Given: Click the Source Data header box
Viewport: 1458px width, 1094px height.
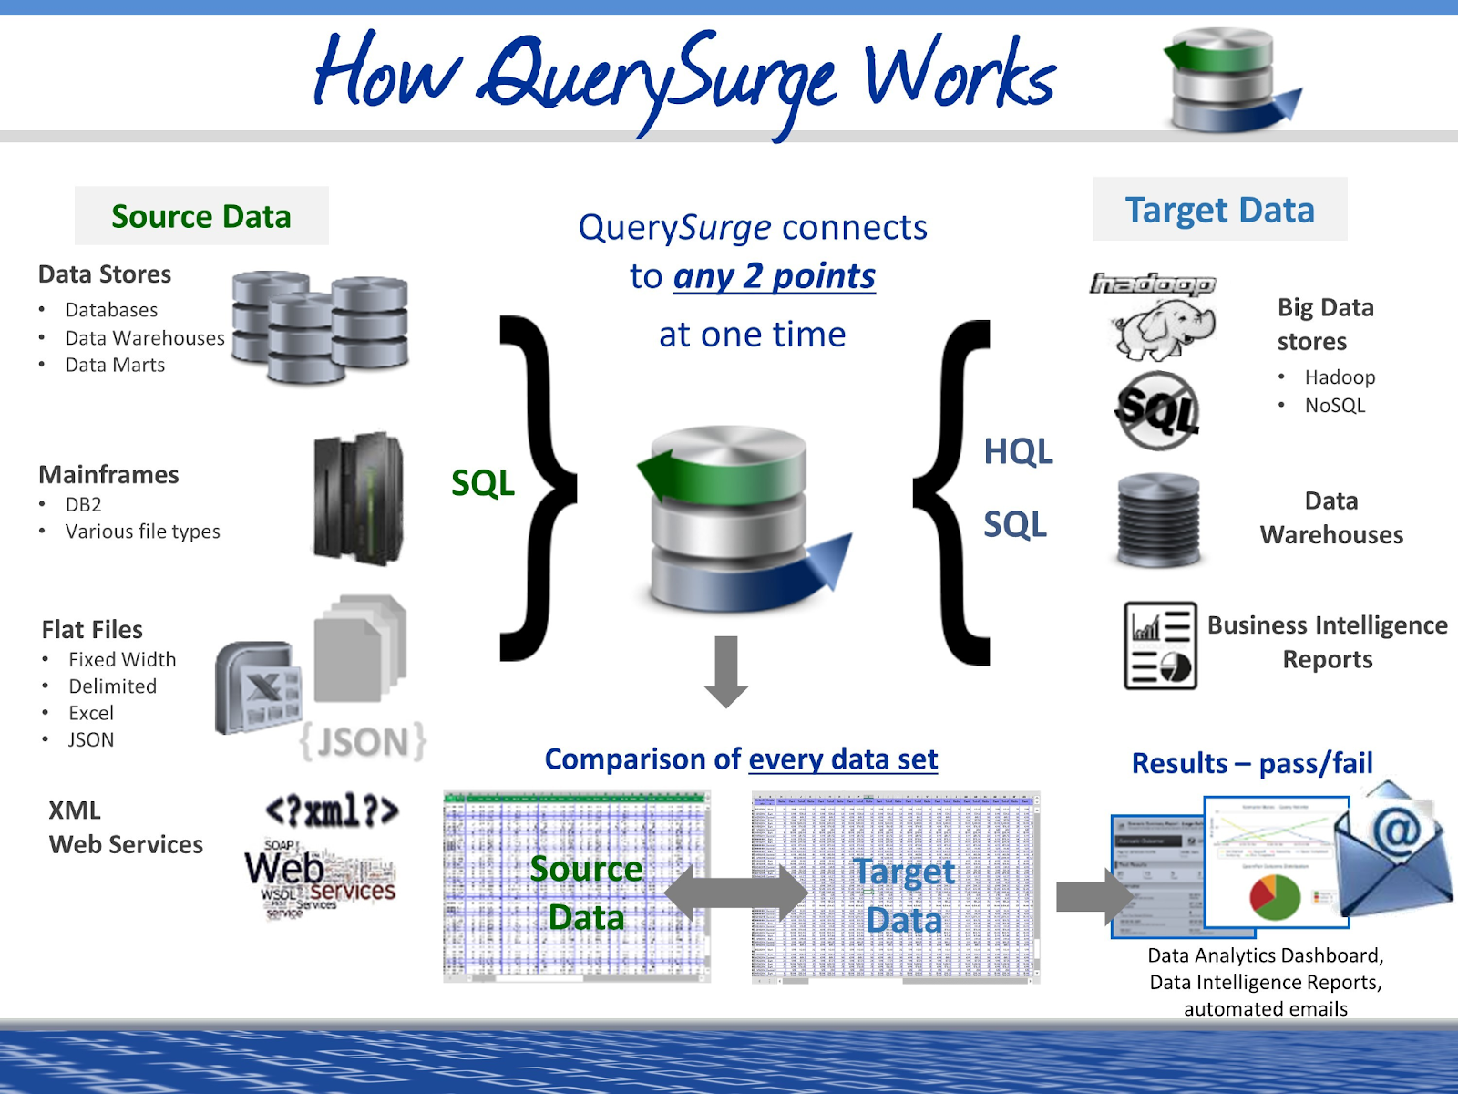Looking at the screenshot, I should tap(201, 216).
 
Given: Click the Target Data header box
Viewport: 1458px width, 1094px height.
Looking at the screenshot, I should tap(1219, 210).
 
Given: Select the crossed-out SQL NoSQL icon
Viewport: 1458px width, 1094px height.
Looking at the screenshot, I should tap(1157, 410).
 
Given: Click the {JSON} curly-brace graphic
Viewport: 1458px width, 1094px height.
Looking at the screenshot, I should tap(364, 742).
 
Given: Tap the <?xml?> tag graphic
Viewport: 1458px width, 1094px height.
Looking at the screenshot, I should tap(332, 810).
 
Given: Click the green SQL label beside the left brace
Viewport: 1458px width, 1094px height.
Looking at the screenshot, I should tap(483, 483).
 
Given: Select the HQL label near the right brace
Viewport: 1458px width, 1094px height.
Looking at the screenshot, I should tap(1018, 451).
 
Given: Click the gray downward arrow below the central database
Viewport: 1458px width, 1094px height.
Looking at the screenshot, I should tap(726, 672).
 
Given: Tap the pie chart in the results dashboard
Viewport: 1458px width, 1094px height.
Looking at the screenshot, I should tap(1275, 897).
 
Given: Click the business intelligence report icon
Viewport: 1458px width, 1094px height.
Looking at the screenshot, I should tap(1160, 645).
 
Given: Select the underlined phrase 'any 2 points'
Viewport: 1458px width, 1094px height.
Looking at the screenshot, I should tap(775, 276).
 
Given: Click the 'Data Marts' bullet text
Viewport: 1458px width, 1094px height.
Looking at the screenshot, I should tap(115, 365).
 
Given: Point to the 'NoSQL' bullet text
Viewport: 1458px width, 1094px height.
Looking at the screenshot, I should tap(1335, 405).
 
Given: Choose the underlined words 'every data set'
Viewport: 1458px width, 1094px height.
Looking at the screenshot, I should tap(843, 759).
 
